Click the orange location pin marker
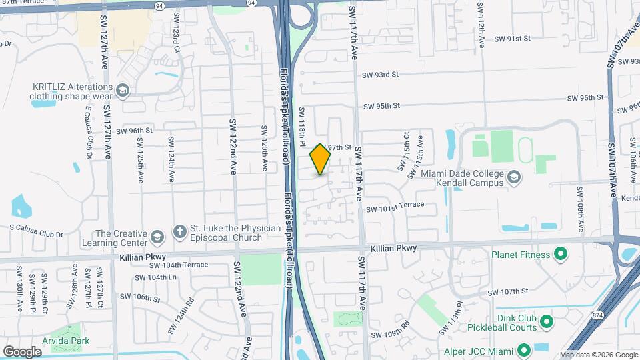click(321, 159)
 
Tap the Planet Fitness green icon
click(561, 254)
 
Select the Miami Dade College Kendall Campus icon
click(513, 177)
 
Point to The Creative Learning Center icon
click(157, 237)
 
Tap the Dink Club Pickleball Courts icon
click(547, 322)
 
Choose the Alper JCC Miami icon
click(523, 350)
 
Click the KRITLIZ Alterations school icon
click(122, 90)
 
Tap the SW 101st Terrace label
click(395, 205)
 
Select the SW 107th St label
click(508, 291)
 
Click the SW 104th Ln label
click(155, 277)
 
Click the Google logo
click(22, 351)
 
